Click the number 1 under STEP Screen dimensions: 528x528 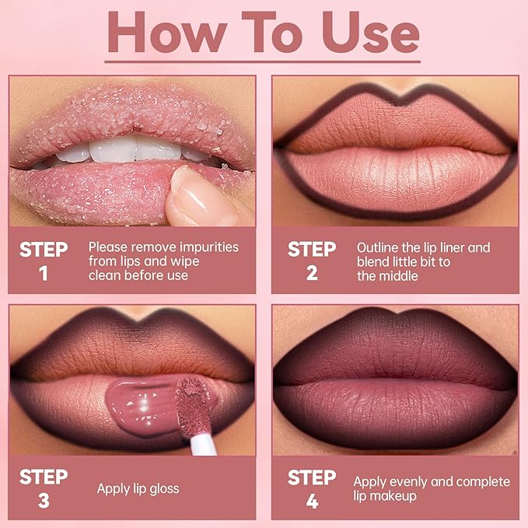(x=44, y=273)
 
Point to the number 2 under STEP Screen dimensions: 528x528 (x=312, y=273)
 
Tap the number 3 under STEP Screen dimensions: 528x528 (x=44, y=501)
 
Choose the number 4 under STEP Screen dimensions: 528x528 (x=312, y=501)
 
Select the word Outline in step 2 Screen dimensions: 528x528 (x=377, y=247)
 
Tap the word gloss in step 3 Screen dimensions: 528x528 (x=162, y=489)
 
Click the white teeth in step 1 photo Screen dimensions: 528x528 (x=117, y=149)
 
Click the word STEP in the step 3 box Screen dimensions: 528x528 (x=44, y=477)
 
